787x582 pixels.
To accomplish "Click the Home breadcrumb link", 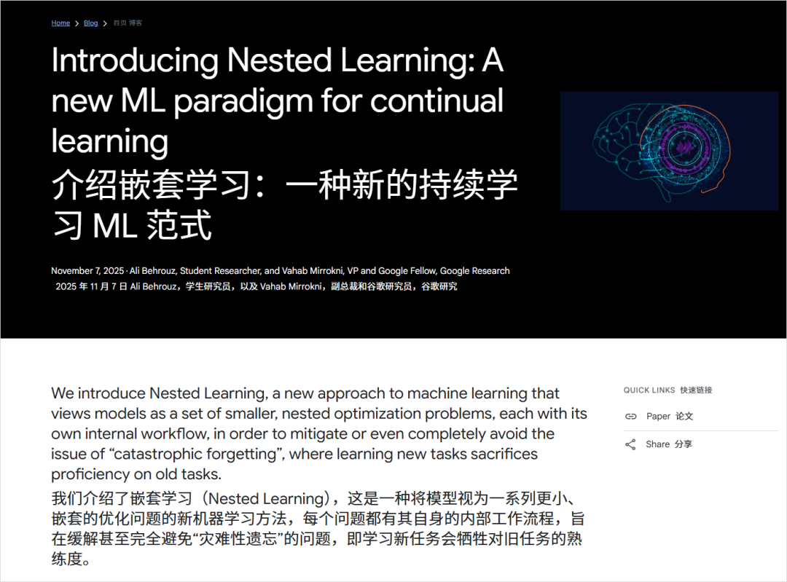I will point(60,23).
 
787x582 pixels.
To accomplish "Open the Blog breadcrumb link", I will point(90,23).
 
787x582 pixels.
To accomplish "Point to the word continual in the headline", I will point(436,101).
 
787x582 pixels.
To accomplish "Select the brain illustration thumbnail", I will point(669,151).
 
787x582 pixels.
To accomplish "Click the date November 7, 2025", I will point(87,271).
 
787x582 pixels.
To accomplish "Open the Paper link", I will point(658,417).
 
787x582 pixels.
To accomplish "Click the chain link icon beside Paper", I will point(630,417).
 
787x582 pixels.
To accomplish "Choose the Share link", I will point(657,444).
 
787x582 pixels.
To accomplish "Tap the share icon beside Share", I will point(630,444).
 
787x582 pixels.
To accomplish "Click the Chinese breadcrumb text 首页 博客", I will point(128,23).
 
